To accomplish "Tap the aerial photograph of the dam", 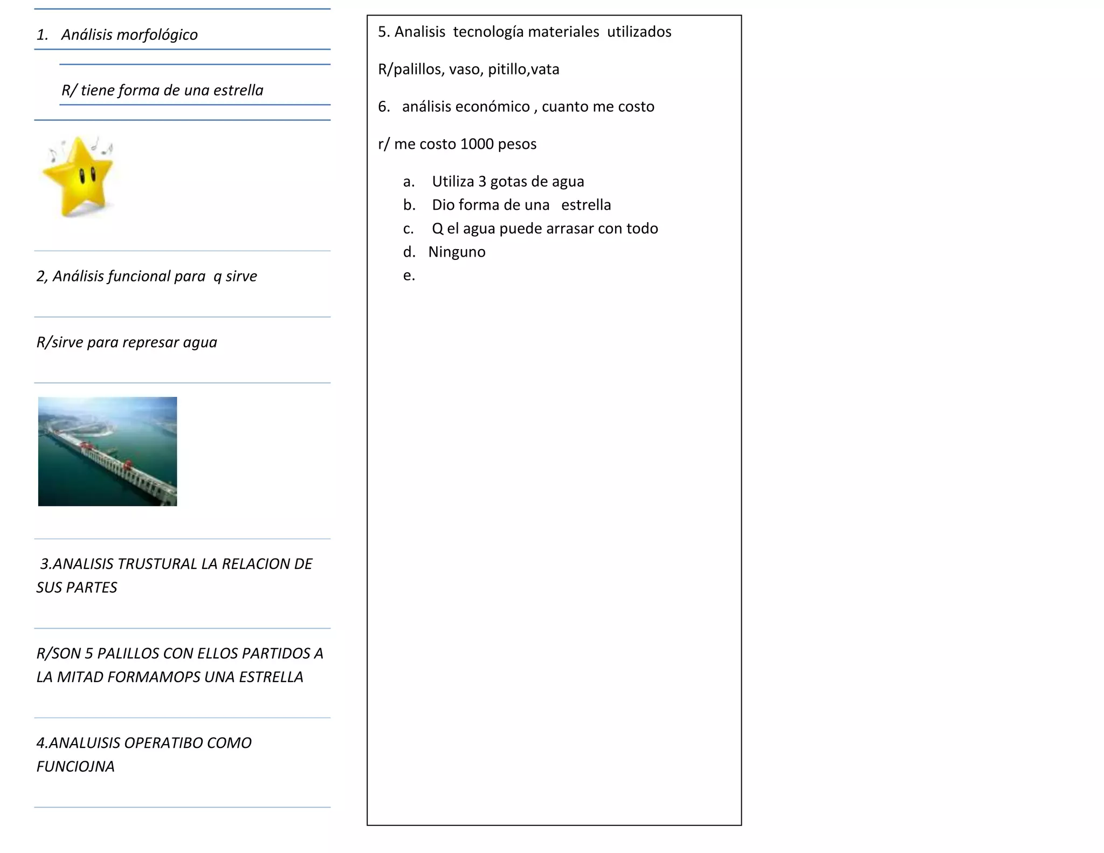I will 107,451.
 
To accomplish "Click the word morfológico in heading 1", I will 157,35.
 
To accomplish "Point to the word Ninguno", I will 457,252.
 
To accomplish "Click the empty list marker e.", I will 409,276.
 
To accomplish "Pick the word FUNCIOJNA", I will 75,767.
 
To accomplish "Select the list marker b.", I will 409,205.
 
